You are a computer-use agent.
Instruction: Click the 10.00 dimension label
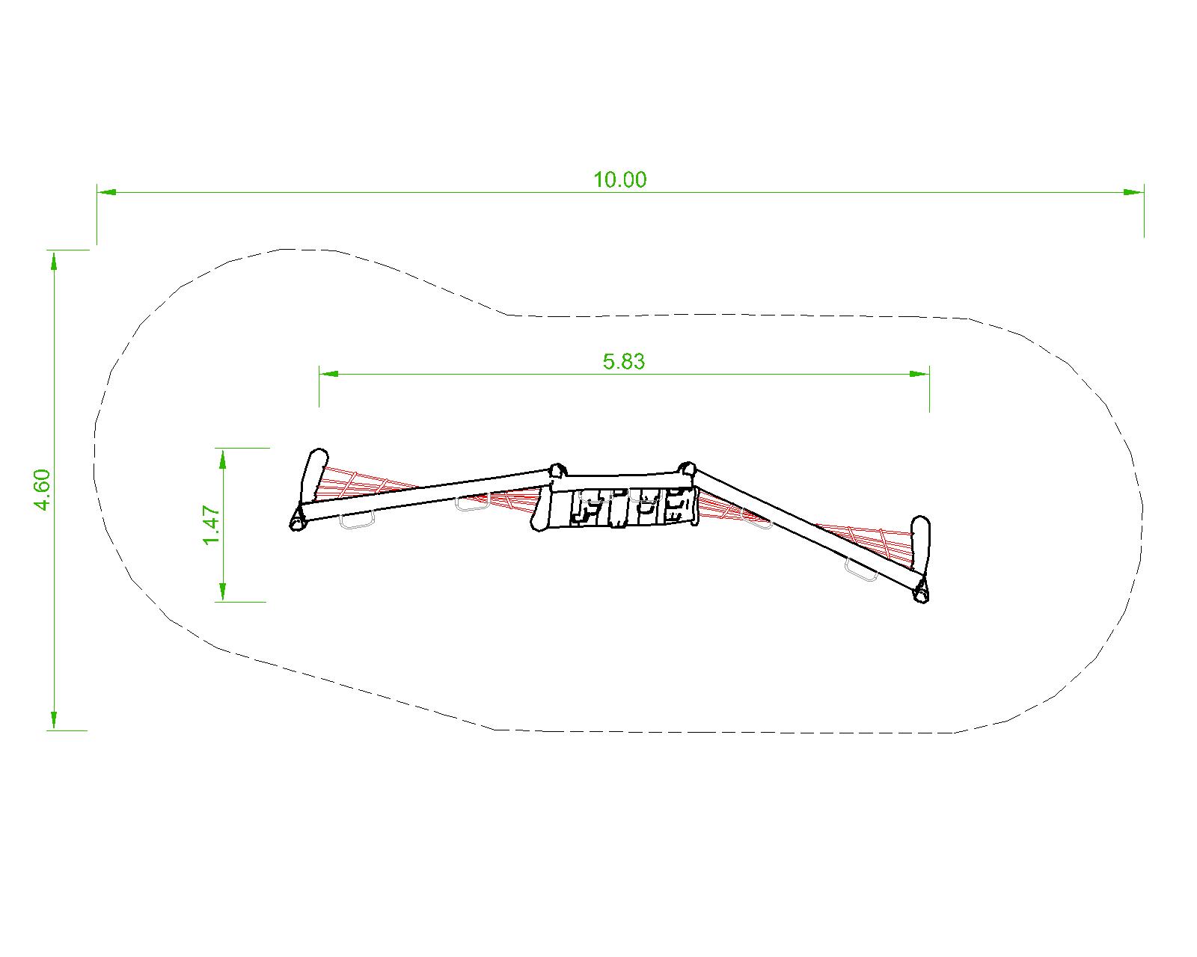619,180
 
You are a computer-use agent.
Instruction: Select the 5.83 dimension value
623,362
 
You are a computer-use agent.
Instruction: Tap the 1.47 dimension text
212,526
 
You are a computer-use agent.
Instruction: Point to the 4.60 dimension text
42,490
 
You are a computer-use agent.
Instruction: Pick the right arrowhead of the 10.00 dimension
1134,192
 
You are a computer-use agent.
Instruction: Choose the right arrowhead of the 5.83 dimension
920,373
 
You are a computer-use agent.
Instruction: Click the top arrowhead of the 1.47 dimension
222,458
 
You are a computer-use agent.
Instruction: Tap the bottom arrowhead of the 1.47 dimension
222,592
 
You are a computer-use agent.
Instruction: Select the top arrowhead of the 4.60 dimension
53,259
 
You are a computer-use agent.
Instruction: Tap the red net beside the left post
352,484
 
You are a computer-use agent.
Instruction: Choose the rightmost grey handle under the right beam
860,570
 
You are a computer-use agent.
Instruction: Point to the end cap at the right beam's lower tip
921,593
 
